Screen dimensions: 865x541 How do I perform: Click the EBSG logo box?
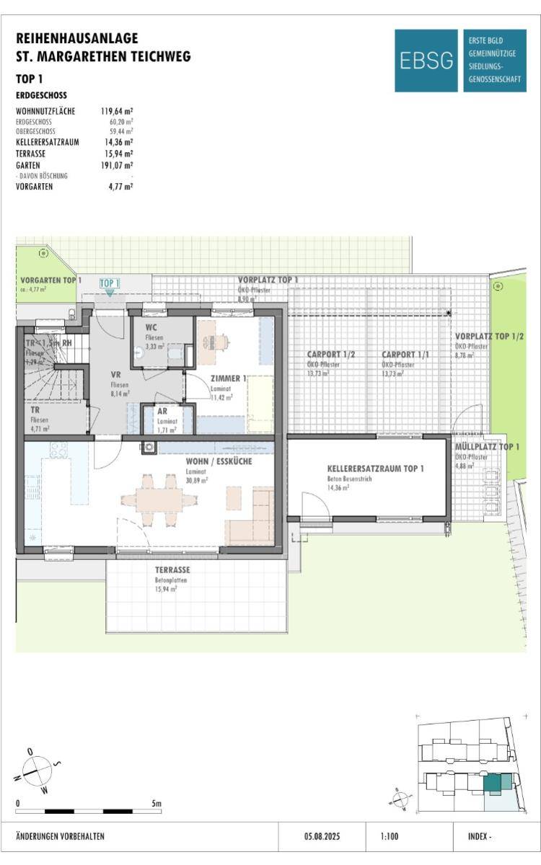pyautogui.click(x=426, y=61)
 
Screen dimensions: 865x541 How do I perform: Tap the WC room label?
pyautogui.click(x=151, y=327)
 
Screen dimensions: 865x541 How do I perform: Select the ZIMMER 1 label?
pyautogui.click(x=229, y=378)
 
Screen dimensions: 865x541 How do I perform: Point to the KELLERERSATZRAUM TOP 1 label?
pyautogui.click(x=375, y=469)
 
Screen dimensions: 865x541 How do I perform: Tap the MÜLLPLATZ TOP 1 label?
pyautogui.click(x=487, y=447)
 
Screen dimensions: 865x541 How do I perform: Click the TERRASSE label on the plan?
pyautogui.click(x=172, y=569)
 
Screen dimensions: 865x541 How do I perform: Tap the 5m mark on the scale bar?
pyautogui.click(x=157, y=803)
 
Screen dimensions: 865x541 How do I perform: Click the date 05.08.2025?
pyautogui.click(x=322, y=837)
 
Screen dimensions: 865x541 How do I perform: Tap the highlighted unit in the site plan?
pyautogui.click(x=497, y=783)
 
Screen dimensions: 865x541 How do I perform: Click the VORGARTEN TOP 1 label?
pyautogui.click(x=50, y=280)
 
